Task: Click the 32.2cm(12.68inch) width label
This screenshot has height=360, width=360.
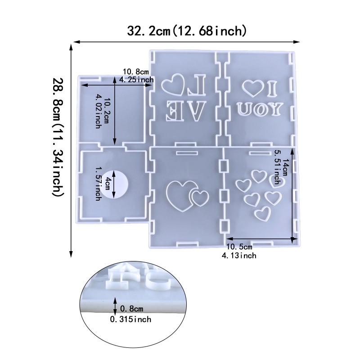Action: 187,31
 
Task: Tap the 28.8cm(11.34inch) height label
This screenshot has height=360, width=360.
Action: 57,137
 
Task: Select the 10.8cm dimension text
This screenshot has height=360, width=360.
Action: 136,72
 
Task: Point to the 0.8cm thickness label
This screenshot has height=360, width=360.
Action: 131,309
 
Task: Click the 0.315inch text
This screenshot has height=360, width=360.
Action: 130,319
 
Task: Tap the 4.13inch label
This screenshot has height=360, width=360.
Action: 239,255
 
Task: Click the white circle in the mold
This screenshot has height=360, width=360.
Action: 114,184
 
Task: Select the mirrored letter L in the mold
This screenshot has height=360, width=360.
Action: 197,85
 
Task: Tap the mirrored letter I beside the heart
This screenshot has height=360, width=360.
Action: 273,88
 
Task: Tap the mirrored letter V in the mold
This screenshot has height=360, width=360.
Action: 195,111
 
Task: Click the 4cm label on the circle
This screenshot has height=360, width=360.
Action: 107,184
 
